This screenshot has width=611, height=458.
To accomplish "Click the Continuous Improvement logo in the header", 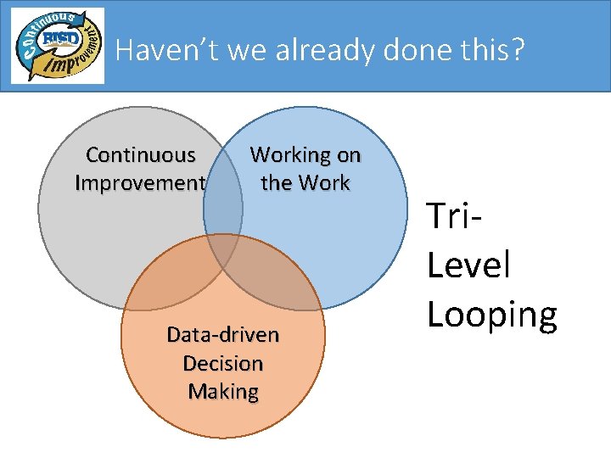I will pos(58,46).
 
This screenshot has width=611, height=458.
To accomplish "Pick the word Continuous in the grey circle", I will pos(141,155).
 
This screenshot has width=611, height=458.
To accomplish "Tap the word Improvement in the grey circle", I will pos(141,183).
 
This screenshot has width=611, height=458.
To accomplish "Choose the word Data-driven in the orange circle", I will pos(223,335).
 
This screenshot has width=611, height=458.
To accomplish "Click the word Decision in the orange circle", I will pos(223,363).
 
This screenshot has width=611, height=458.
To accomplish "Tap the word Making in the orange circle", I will pos(223,391).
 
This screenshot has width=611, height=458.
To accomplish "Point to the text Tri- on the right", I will pos(455,217).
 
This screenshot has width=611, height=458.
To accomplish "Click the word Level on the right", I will pos(468,265).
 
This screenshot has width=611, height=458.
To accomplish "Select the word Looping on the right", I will pos(492,314).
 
